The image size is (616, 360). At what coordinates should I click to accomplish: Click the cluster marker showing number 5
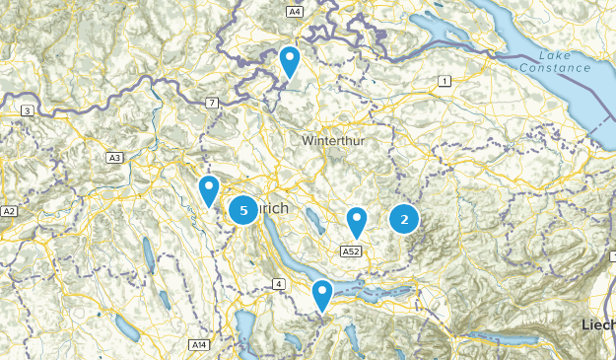click(243, 210)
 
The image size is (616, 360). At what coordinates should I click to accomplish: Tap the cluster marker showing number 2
click(404, 219)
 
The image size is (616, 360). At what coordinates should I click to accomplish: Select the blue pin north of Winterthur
click(289, 61)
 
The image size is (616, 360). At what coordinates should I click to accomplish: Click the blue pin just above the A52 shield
click(357, 222)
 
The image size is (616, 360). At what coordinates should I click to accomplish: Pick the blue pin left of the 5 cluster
click(208, 189)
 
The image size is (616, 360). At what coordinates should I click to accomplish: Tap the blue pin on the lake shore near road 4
click(321, 294)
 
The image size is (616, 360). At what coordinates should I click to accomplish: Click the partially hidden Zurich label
click(275, 210)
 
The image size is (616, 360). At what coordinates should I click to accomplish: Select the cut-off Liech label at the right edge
click(597, 324)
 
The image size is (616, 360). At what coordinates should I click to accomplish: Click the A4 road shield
click(294, 11)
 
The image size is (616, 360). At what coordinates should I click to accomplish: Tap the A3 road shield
click(115, 157)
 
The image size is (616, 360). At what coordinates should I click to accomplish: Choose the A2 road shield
click(9, 211)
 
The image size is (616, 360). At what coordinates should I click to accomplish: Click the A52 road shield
click(350, 252)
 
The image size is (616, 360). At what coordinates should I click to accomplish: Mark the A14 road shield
click(200, 343)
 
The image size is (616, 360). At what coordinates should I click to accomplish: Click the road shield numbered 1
click(445, 81)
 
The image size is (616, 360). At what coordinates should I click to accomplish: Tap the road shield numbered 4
click(279, 284)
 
